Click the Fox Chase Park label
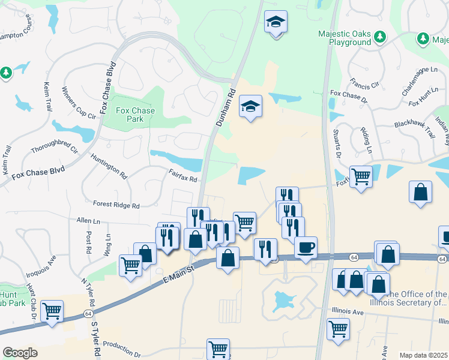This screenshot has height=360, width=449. [127, 115]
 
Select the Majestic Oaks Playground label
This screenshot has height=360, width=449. [345, 38]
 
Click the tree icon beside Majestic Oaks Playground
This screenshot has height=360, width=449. [379, 38]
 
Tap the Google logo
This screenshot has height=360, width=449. [20, 353]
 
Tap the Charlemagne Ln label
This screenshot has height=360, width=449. [421, 83]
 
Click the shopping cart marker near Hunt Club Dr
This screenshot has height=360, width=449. [52, 311]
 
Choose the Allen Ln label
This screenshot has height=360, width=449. [88, 221]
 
